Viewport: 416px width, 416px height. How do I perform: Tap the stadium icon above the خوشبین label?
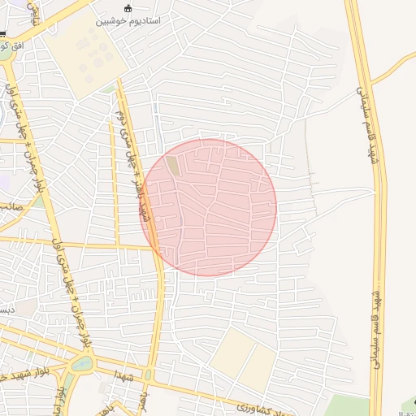click(128, 8)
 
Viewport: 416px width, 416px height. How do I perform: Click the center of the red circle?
click(208, 207)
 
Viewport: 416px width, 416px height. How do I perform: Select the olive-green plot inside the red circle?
click(173, 166)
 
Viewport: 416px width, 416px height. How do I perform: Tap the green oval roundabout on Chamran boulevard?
click(82, 363)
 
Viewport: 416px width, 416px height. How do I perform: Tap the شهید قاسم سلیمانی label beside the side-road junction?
click(364, 110)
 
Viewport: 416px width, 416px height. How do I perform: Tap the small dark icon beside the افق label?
click(3, 35)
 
